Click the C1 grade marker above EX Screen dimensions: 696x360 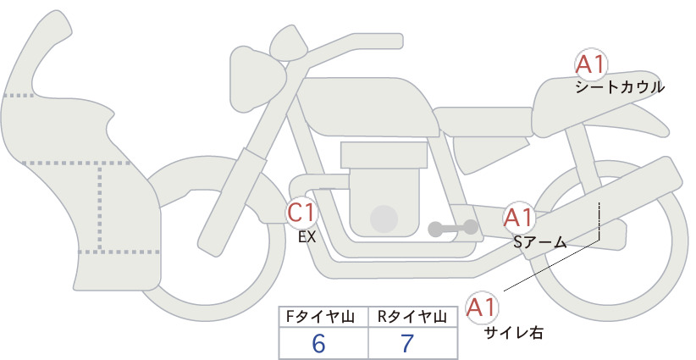click(x=301, y=212)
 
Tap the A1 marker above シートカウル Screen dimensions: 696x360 click(x=591, y=64)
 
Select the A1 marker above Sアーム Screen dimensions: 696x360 click(x=518, y=218)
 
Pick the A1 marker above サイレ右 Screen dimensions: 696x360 click(x=481, y=307)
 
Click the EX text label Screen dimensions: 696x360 click(x=307, y=237)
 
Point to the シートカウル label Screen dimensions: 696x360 click(x=620, y=87)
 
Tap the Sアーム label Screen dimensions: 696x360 click(x=539, y=242)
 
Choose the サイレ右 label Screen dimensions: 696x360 click(x=514, y=332)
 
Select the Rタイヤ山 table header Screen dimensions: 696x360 click(x=412, y=317)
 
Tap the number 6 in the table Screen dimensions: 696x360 click(x=318, y=343)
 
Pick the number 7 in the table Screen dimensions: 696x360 click(x=407, y=343)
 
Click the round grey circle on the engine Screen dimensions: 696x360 click(x=384, y=219)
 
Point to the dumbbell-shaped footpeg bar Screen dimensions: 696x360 click(x=453, y=229)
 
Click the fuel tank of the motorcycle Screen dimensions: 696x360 click(x=368, y=107)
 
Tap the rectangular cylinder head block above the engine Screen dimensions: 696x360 click(x=384, y=155)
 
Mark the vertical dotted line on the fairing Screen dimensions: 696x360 click(x=100, y=208)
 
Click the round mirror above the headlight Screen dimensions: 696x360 click(x=290, y=45)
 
